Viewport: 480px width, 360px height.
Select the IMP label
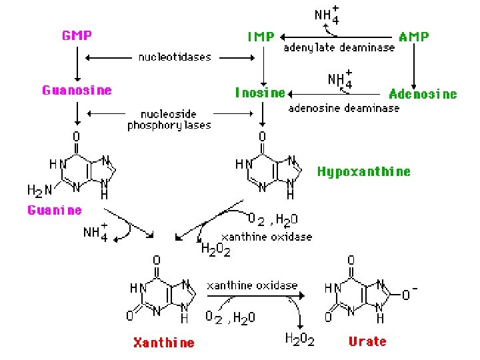(261, 37)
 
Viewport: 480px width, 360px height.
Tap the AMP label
(414, 37)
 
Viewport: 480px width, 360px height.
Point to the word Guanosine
(77, 90)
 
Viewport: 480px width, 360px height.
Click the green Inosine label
(260, 93)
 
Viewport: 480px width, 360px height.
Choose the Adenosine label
(423, 94)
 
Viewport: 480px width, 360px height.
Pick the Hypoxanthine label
(363, 171)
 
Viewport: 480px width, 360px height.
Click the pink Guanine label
(55, 210)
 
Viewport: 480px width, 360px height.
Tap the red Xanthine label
(164, 343)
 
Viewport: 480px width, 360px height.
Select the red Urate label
(367, 341)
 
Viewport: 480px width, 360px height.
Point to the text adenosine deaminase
(344, 107)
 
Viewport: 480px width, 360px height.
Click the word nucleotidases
(175, 57)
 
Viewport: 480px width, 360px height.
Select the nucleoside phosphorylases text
(169, 120)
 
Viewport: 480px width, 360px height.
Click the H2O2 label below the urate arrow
(300, 339)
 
